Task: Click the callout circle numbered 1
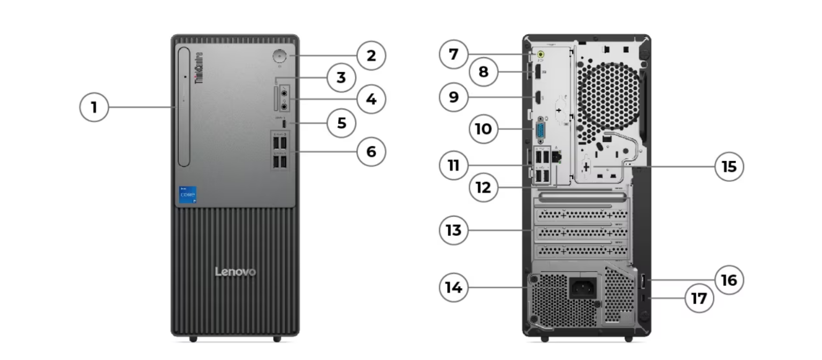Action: (94, 108)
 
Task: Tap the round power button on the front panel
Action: (280, 56)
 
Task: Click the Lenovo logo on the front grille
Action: (235, 272)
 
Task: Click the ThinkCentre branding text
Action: (199, 68)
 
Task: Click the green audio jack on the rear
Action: (541, 54)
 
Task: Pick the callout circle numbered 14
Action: (453, 287)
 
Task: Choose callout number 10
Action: (483, 129)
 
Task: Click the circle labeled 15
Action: (729, 166)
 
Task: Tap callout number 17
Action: (699, 298)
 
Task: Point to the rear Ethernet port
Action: (557, 157)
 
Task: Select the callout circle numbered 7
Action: (453, 55)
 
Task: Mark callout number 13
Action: (453, 231)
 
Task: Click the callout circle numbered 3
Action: (341, 78)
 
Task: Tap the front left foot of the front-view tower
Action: (193, 339)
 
